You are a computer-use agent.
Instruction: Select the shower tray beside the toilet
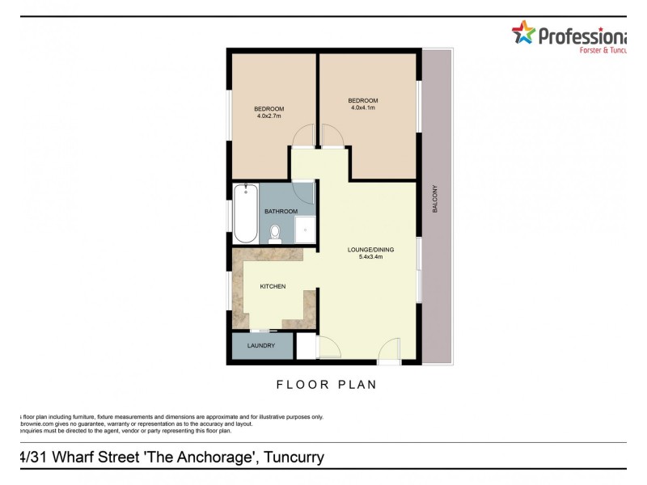[x=304, y=229]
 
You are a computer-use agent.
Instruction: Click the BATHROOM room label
[x=281, y=212]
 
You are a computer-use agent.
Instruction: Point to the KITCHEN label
[x=272, y=287]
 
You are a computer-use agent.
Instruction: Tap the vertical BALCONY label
[x=434, y=199]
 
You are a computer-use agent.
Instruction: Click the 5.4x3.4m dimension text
[x=370, y=257]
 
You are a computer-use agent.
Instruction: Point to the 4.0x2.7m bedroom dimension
[x=269, y=116]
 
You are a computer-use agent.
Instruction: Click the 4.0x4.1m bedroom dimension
[x=364, y=108]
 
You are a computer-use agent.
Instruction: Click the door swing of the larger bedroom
[x=334, y=137]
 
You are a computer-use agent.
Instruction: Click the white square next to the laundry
[x=306, y=346]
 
